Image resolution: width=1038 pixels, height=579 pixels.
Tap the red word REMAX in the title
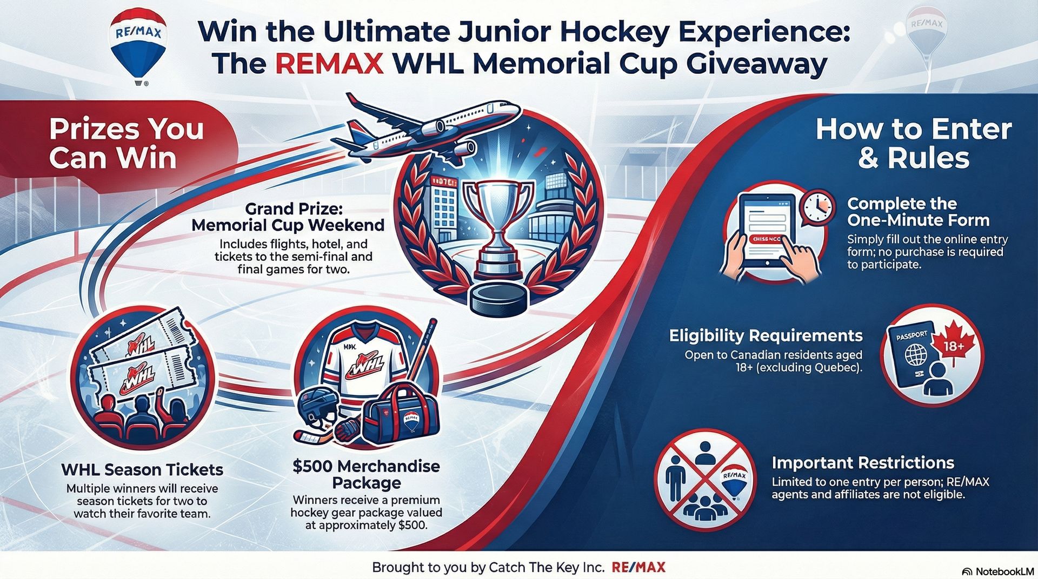pyautogui.click(x=330, y=64)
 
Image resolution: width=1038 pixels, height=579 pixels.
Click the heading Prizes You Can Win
pyautogui.click(x=126, y=144)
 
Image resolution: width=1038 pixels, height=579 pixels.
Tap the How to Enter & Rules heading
pyautogui.click(x=913, y=144)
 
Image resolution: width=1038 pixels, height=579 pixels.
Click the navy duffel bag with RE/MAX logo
pyautogui.click(x=404, y=419)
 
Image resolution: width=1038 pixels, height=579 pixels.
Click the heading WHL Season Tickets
pyautogui.click(x=142, y=469)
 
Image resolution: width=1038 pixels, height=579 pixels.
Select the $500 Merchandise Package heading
pyautogui.click(x=367, y=474)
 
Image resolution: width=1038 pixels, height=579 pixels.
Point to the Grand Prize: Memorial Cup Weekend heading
pyautogui.click(x=288, y=217)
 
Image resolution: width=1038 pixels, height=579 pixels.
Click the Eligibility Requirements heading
pyautogui.click(x=766, y=335)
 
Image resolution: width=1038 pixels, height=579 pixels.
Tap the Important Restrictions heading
pyautogui.click(x=863, y=463)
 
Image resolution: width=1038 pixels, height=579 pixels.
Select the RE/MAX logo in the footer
pyautogui.click(x=638, y=567)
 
